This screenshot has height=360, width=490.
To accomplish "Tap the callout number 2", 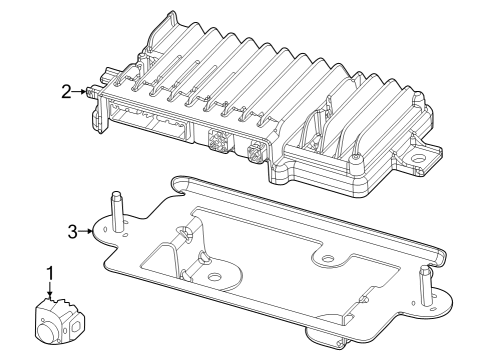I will pyautogui.click(x=66, y=92).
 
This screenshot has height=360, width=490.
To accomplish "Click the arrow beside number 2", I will pyautogui.click(x=81, y=92).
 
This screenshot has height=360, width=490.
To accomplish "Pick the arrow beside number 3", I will pyautogui.click(x=88, y=231).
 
